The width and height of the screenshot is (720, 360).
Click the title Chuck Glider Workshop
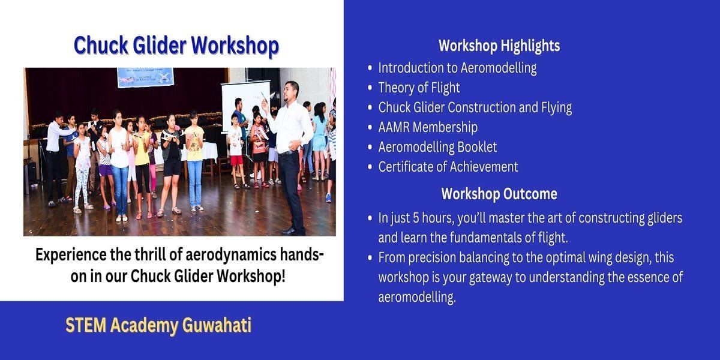tap(176, 46)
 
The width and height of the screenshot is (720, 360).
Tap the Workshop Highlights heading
tap(499, 46)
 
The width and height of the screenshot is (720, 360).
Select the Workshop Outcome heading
tap(499, 194)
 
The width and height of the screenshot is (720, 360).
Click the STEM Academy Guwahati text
tap(158, 325)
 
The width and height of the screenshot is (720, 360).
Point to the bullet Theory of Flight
tap(419, 88)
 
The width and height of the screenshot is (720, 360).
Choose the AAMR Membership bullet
tap(428, 127)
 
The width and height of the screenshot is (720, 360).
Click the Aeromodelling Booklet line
tap(437, 147)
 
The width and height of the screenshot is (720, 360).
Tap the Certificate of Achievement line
tap(448, 167)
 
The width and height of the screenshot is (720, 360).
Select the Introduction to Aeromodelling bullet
tap(457, 68)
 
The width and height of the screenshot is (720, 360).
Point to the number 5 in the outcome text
tap(416, 218)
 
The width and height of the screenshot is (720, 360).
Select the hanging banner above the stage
tap(146, 77)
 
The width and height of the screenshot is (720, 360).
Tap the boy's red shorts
tap(236, 160)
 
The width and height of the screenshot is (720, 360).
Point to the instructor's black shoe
tap(289, 231)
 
